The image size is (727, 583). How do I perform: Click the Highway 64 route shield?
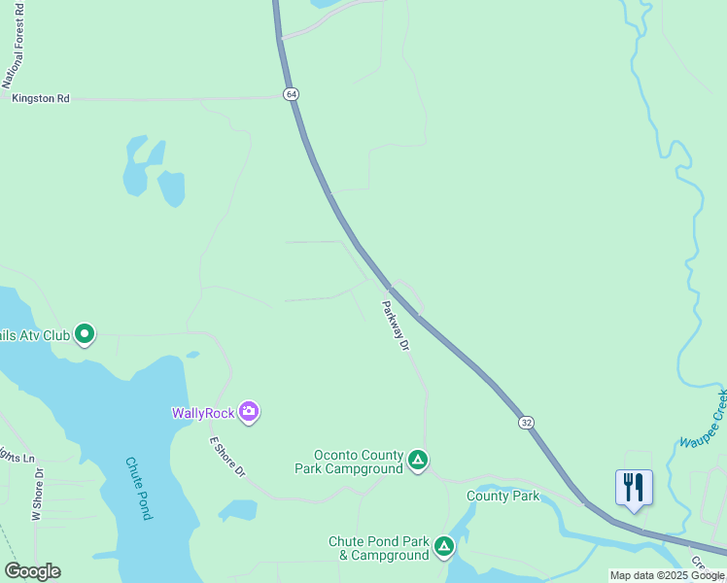click(x=291, y=94)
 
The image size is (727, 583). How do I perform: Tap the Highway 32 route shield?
click(x=526, y=423)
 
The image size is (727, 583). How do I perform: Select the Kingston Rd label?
click(x=41, y=98)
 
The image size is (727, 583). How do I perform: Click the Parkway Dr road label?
click(x=396, y=325)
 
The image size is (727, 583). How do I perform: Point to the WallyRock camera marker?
click(x=250, y=413)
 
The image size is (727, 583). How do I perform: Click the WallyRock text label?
click(x=203, y=413)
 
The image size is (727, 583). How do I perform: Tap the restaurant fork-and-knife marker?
click(x=634, y=487)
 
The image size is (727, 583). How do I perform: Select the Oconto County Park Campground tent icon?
click(x=418, y=460)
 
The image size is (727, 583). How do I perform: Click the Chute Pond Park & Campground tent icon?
click(x=444, y=547)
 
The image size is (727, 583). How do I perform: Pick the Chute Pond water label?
click(x=138, y=488)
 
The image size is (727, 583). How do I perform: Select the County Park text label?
click(x=502, y=496)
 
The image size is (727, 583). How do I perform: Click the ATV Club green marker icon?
click(x=85, y=334)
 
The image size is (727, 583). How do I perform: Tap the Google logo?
click(x=32, y=571)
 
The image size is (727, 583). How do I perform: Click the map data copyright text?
click(x=667, y=575)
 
